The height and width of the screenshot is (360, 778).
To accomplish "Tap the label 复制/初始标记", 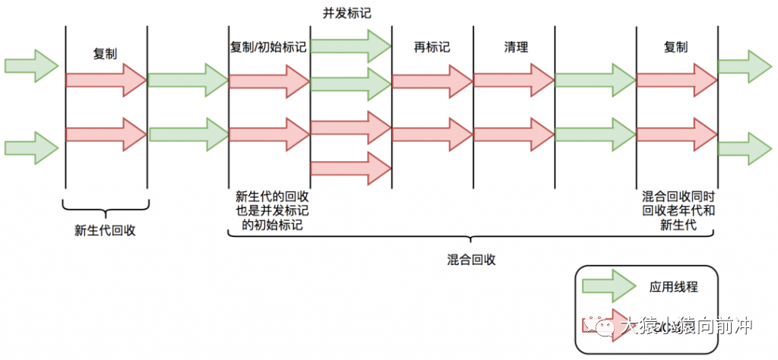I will (x=268, y=47).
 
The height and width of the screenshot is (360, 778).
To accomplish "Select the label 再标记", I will (x=432, y=47).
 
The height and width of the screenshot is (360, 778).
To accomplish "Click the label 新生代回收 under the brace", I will (x=105, y=231).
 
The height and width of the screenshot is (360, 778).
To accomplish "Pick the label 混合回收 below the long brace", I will (x=472, y=260).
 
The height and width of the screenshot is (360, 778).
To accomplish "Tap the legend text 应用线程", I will (x=673, y=287).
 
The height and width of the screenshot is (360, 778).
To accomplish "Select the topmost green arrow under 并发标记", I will (x=349, y=45).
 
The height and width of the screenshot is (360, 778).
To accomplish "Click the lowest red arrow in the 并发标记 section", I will (x=349, y=167).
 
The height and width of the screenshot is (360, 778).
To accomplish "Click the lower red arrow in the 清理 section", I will (x=513, y=134).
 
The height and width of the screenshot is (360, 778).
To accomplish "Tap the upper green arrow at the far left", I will (x=31, y=65).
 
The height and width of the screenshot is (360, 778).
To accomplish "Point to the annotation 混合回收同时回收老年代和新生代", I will (x=678, y=210).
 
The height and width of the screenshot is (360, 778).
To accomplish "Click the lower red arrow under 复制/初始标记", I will (x=268, y=134).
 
